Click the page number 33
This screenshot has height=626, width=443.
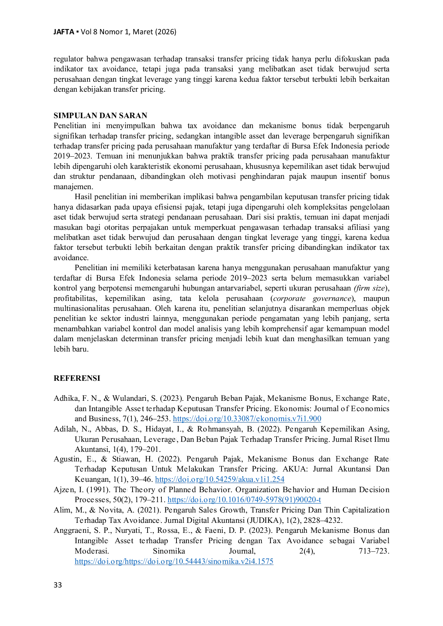point(58,585)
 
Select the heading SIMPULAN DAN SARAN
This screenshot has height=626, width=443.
point(100,116)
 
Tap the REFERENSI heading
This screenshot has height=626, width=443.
point(77,378)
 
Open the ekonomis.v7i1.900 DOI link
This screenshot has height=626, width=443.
point(247,419)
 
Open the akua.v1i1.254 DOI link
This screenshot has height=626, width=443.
point(220,479)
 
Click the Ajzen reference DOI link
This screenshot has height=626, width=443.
point(244,500)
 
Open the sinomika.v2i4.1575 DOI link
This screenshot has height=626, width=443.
point(174,561)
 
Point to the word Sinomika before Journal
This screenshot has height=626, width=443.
point(169,551)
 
